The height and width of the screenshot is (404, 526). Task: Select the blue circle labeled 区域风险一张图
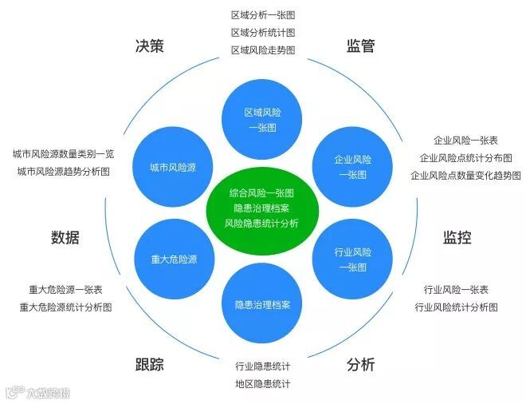point(262,120)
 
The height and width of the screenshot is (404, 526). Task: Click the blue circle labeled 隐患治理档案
point(262,304)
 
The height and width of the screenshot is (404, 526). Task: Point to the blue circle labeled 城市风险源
point(173,168)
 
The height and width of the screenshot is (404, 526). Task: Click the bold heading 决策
point(150,46)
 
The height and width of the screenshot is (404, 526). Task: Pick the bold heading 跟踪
point(150,365)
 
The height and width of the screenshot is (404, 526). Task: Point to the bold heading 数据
point(65,237)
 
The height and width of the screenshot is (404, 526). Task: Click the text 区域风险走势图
point(263,50)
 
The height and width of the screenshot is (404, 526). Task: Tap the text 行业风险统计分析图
point(456,307)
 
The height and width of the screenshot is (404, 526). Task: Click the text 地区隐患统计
point(263,384)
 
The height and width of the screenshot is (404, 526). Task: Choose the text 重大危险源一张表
point(65,290)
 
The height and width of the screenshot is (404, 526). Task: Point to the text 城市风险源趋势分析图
point(64,172)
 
